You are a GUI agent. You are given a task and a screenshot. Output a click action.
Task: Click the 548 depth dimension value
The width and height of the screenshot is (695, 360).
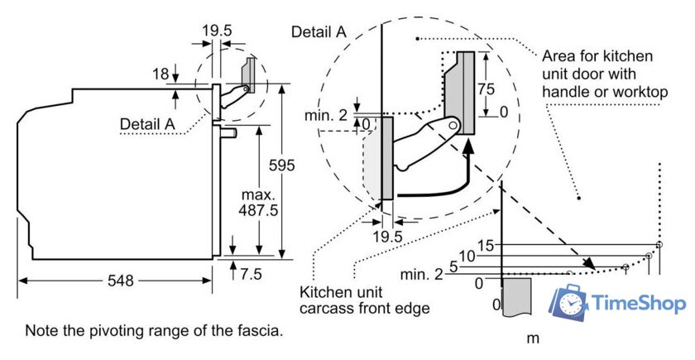(121, 281)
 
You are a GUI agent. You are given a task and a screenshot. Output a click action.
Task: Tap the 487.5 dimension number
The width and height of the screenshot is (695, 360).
(259, 211)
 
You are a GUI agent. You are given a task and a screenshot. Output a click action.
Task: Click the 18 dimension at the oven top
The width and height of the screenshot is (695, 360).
(161, 74)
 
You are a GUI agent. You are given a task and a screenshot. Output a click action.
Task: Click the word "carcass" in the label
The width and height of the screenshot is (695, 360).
(325, 309)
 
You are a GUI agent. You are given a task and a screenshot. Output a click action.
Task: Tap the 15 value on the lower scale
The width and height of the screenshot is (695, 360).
(486, 245)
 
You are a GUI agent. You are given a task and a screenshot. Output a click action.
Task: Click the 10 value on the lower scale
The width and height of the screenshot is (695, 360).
(467, 257)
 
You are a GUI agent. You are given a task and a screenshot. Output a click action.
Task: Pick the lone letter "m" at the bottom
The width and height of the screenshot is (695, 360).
(533, 338)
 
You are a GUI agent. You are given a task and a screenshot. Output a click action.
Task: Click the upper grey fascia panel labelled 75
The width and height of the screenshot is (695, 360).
(464, 91)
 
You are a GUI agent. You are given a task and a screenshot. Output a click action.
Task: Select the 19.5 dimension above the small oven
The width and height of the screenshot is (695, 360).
(217, 31)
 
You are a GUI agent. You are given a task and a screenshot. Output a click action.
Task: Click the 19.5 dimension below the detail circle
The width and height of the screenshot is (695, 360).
(387, 237)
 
